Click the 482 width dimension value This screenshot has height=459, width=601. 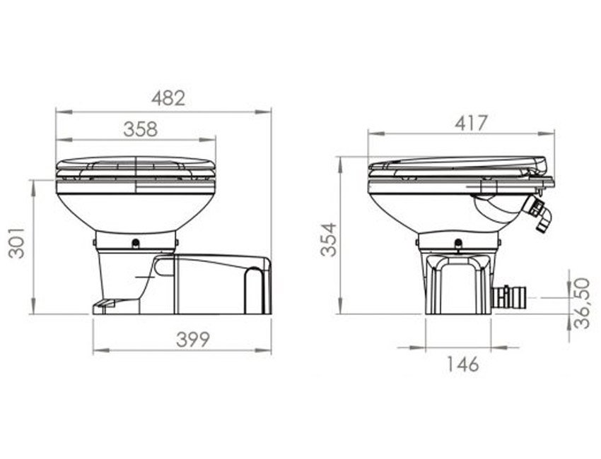point(168,98)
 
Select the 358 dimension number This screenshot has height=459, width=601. point(141,129)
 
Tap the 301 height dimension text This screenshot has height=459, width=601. point(17,243)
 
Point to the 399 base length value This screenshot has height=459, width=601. point(193,340)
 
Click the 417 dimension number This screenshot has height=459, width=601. point(471,124)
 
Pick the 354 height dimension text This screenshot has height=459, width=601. point(329,239)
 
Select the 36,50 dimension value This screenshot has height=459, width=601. point(581,303)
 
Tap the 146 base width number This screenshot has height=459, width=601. point(463,364)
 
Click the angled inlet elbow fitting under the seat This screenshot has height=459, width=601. point(539,215)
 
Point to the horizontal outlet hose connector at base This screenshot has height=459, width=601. point(508,297)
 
